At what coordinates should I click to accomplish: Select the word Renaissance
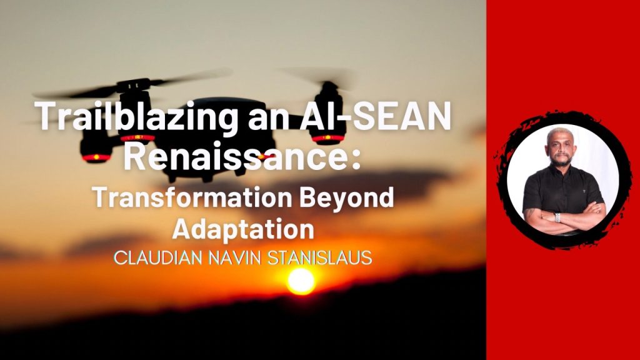236,157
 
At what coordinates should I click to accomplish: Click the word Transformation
192,197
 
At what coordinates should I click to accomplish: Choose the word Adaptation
243,229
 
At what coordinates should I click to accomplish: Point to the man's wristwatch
557,217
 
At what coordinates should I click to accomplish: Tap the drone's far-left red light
96,157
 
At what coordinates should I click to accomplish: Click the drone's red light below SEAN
329,138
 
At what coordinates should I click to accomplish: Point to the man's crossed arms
564,216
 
